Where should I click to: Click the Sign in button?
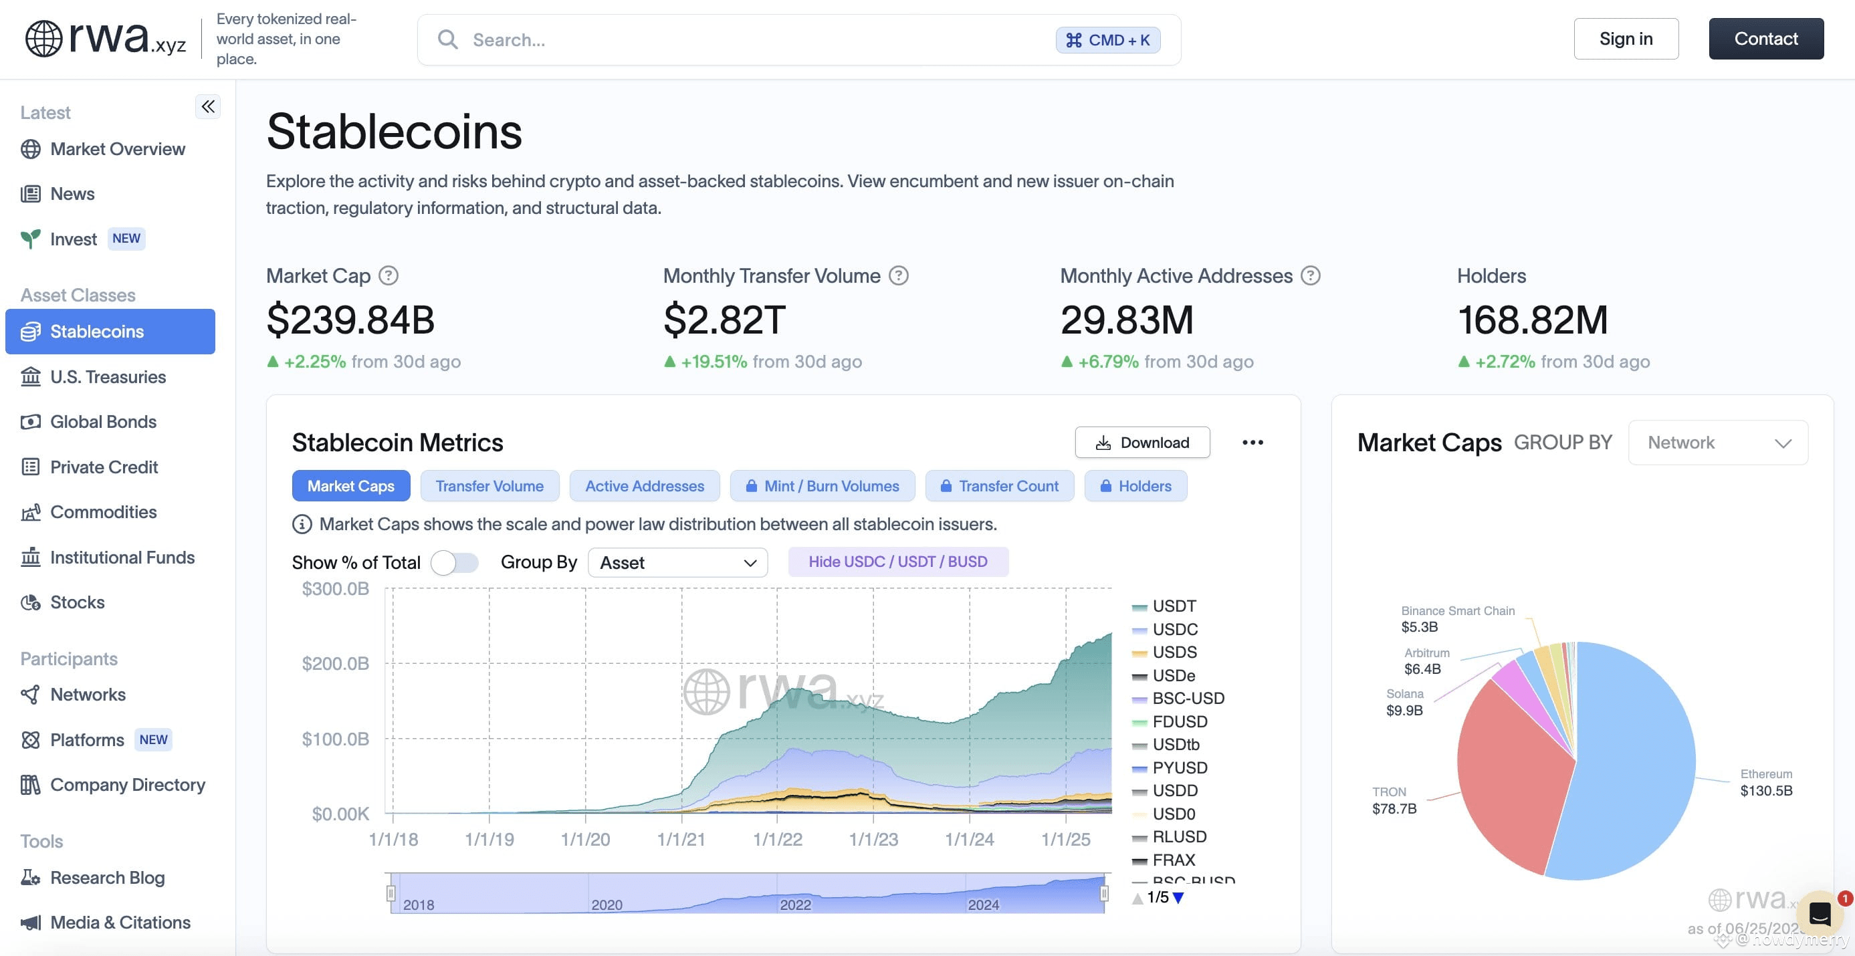(x=1626, y=39)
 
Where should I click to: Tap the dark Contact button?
(x=1765, y=39)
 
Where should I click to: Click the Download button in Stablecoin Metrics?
(x=1142, y=442)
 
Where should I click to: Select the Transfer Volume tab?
(x=489, y=486)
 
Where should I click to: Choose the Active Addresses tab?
(x=645, y=486)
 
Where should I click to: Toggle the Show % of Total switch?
(x=455, y=562)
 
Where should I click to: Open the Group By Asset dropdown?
(x=677, y=562)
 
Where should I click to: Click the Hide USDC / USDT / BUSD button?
(x=898, y=562)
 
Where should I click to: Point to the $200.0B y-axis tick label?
(x=336, y=663)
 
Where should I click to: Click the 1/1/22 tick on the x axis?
(x=777, y=838)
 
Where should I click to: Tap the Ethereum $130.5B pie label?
(x=1767, y=782)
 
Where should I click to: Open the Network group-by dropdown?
(x=1718, y=442)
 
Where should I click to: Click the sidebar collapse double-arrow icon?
(x=208, y=106)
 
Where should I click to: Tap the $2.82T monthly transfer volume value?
(x=724, y=320)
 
